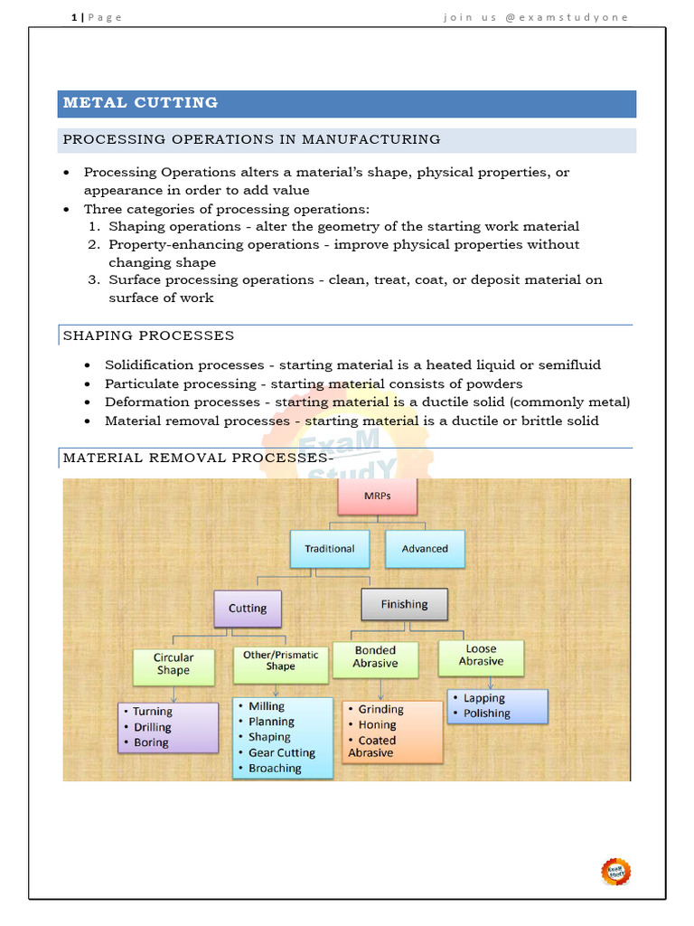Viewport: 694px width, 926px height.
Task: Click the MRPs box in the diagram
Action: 377,497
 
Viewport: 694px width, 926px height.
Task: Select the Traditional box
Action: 329,548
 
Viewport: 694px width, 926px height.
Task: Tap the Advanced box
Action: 425,548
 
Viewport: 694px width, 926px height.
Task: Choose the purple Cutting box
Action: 248,609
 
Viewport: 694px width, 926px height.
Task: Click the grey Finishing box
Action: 404,604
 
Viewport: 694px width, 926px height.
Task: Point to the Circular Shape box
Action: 173,665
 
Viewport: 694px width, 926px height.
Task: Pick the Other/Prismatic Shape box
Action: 280,660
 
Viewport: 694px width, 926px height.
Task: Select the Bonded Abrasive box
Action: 376,657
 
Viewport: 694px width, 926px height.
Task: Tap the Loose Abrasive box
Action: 481,655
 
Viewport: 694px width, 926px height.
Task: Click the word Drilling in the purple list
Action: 152,727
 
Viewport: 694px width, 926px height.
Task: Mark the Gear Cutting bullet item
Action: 282,752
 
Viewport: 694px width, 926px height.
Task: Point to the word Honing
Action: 377,724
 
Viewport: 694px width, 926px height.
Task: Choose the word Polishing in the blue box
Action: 487,713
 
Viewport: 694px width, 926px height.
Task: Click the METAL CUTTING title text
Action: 140,103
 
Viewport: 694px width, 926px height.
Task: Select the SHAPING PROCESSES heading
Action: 148,335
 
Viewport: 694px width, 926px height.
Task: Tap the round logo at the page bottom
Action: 616,871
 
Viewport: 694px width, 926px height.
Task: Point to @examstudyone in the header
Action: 579,17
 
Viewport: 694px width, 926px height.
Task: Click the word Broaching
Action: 275,768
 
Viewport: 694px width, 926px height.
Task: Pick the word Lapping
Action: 484,698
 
